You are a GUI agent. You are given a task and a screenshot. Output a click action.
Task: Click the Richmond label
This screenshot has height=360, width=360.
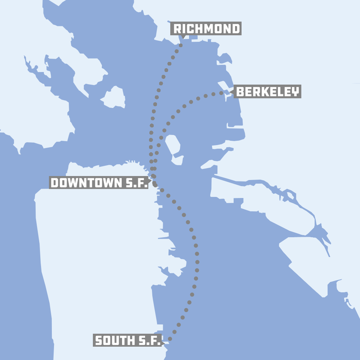pos(206,29)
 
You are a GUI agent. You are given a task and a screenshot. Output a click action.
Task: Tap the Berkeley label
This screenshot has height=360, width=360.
pos(267,92)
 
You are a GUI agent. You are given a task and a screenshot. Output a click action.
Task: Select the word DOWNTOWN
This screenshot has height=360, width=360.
pos(86,183)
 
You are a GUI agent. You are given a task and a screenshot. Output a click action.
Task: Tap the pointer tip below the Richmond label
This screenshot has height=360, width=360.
pos(183,37)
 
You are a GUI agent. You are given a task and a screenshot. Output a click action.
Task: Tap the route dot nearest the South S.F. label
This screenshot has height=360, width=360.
pos(170,339)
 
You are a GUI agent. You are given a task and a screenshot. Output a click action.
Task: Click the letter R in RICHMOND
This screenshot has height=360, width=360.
pos(178,29)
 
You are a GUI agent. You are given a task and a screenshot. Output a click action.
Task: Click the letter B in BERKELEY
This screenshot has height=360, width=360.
pos(240,92)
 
